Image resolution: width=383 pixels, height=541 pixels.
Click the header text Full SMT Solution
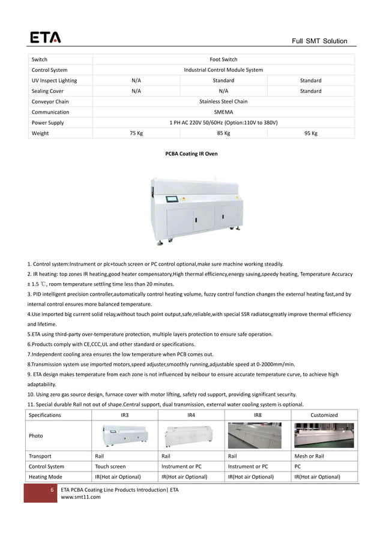[319, 41]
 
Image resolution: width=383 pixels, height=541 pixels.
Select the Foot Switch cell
[223, 59]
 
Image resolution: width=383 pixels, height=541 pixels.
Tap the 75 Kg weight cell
[136, 133]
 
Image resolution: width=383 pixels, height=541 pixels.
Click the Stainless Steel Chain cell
[223, 101]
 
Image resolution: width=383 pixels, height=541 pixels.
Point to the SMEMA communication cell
[223, 112]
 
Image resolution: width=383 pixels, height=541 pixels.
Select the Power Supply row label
[48, 122]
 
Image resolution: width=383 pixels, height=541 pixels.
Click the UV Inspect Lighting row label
[54, 80]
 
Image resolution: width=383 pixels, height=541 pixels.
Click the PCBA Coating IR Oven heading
[191, 154]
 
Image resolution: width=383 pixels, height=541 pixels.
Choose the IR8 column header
[258, 415]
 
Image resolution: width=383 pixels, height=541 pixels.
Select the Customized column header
[324, 415]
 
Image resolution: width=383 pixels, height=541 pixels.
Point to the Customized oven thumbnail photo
[324, 435]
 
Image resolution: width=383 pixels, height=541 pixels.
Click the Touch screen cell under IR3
[110, 466]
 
